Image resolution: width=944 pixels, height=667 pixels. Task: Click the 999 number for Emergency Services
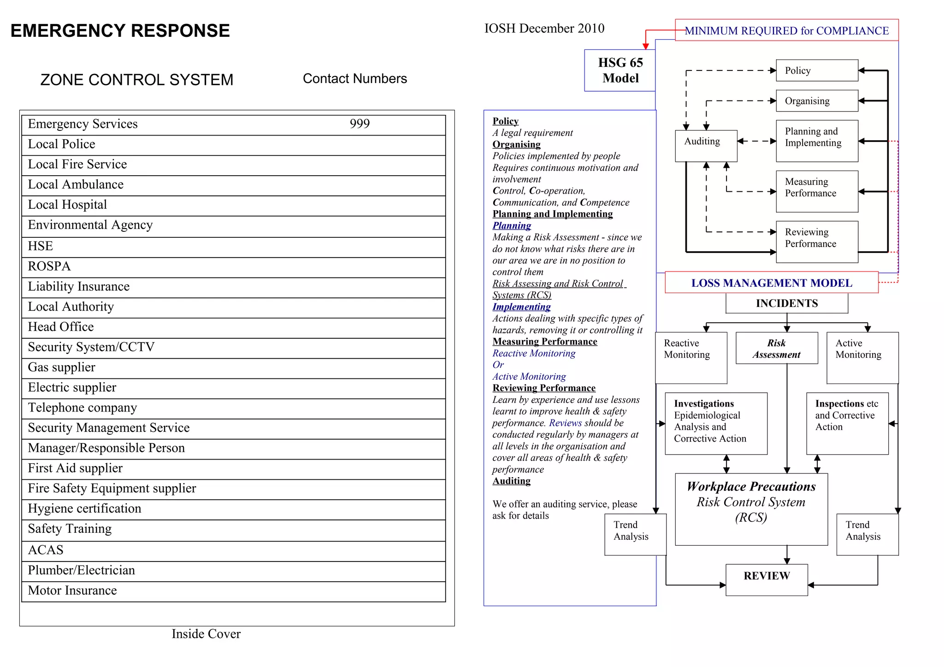click(x=360, y=124)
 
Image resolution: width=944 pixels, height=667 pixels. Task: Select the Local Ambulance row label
click(x=76, y=184)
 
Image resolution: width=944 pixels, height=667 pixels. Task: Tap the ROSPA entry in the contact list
click(x=49, y=266)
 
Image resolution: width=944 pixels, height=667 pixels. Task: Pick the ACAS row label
click(x=46, y=550)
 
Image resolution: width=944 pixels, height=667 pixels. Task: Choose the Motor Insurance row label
click(x=72, y=590)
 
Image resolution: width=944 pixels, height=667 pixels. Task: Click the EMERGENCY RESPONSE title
click(x=120, y=31)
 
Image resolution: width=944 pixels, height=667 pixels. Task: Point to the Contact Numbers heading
click(x=354, y=79)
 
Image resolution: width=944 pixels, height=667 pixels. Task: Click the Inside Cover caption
click(x=206, y=634)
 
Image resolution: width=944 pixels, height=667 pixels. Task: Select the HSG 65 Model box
click(x=620, y=71)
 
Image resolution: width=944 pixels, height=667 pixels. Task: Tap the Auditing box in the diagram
click(x=706, y=146)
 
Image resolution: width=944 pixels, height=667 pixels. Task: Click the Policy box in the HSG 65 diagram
click(x=817, y=71)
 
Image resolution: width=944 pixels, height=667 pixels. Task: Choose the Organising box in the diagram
click(x=817, y=101)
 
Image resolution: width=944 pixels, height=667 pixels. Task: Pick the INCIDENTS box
click(x=786, y=303)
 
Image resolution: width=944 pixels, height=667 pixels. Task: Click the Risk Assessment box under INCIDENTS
click(x=777, y=348)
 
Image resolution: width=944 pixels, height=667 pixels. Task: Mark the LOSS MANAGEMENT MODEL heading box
click(x=771, y=283)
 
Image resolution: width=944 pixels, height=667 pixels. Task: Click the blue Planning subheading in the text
click(x=512, y=226)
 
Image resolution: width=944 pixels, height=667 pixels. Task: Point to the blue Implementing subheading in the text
click(x=521, y=307)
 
